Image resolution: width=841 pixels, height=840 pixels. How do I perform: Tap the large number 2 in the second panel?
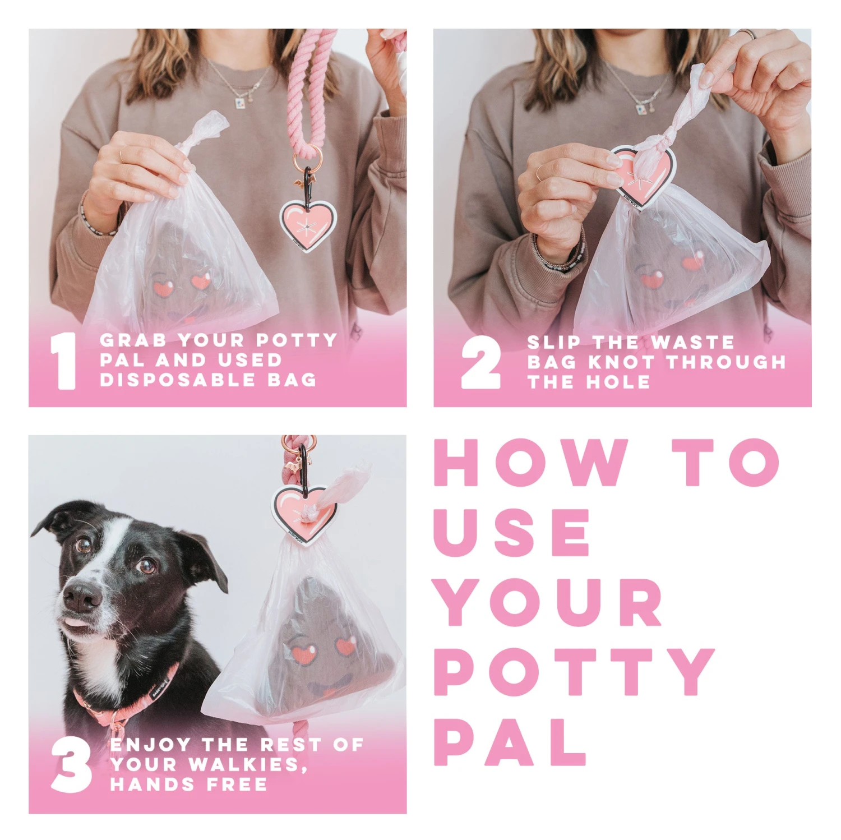click(x=480, y=363)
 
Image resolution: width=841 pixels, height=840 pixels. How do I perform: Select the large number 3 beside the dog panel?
click(x=71, y=764)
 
